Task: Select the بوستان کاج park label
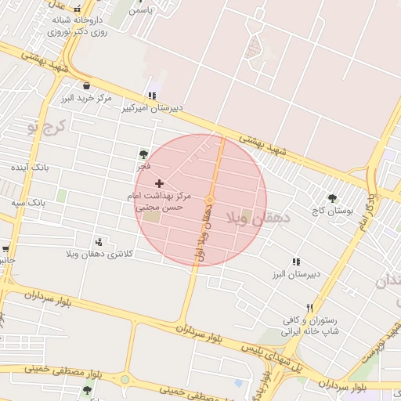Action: pyautogui.click(x=332, y=211)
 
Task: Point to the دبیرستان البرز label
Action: pyautogui.click(x=293, y=275)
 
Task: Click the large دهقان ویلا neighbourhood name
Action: pyautogui.click(x=258, y=217)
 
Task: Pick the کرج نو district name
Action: pyautogui.click(x=46, y=125)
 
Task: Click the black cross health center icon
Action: pyautogui.click(x=161, y=182)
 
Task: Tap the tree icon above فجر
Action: pyautogui.click(x=143, y=154)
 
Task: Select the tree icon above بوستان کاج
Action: pyautogui.click(x=332, y=199)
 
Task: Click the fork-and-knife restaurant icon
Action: pyautogui.click(x=309, y=308)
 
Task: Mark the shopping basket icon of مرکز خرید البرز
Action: pyautogui.click(x=85, y=86)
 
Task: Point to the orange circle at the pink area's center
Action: pyautogui.click(x=210, y=201)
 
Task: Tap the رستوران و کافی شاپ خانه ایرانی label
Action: pyautogui.click(x=312, y=326)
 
